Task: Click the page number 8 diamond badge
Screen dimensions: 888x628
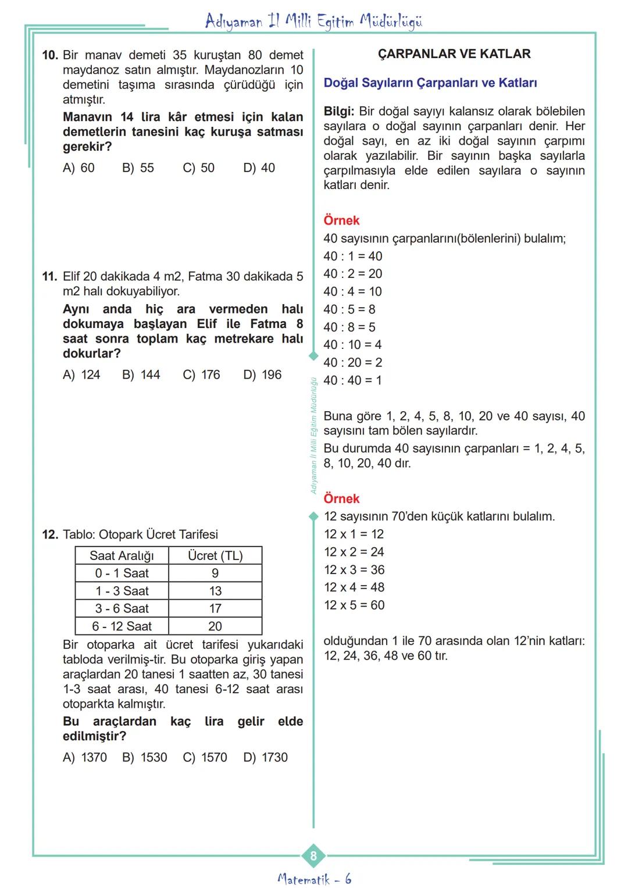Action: [313, 855]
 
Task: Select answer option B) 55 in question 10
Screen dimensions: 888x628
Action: [138, 168]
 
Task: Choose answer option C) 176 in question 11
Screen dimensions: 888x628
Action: [201, 375]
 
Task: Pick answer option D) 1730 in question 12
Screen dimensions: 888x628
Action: [266, 758]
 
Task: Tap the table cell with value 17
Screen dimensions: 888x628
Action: [215, 609]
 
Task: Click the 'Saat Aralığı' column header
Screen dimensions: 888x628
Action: [122, 556]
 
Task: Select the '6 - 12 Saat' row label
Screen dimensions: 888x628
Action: [122, 626]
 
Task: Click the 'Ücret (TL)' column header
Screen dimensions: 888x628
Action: [215, 556]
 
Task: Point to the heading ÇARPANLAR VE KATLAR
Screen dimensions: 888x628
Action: [454, 54]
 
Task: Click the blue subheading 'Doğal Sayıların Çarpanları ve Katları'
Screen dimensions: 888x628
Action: [430, 83]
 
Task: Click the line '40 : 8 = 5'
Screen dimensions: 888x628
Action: [349, 327]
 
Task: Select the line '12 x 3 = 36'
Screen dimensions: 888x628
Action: [354, 570]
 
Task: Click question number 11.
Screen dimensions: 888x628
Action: [49, 277]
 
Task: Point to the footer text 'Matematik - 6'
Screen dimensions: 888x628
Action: [314, 879]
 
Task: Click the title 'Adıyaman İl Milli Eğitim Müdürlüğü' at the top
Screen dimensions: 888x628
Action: [314, 22]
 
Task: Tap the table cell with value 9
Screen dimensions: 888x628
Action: [215, 573]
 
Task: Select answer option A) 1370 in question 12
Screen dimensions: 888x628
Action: [85, 758]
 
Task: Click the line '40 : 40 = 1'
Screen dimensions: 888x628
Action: [352, 380]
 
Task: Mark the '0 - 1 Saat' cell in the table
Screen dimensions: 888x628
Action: [122, 573]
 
